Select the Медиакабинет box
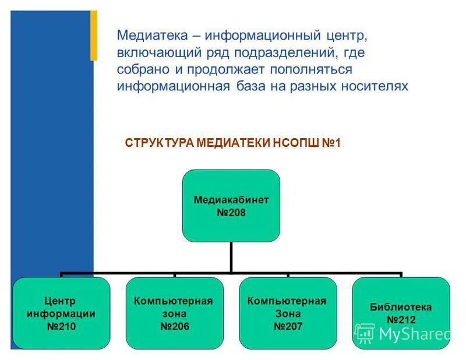231,206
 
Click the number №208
231,213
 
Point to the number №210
61,326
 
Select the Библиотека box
401,313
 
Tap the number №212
401,319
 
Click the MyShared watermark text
414,334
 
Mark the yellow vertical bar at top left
93,36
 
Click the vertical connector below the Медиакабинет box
231,257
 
